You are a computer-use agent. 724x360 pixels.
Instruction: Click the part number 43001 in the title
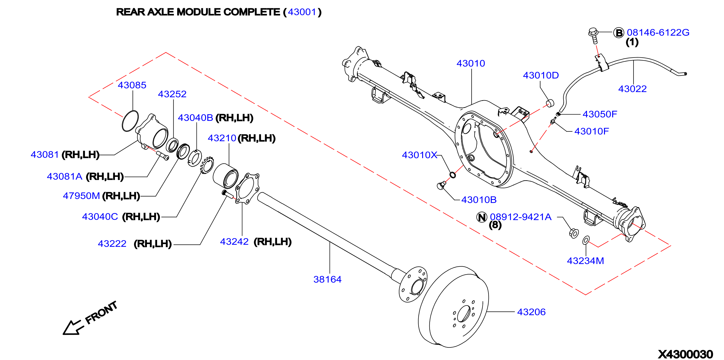click(x=302, y=12)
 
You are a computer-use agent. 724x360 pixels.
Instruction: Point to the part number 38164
click(x=327, y=279)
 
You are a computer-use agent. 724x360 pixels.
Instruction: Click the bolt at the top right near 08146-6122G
click(x=593, y=35)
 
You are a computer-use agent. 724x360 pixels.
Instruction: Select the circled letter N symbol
click(x=482, y=217)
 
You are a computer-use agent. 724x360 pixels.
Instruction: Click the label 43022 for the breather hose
click(x=632, y=89)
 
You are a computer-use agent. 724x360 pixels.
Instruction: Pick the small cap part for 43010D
click(x=550, y=103)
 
